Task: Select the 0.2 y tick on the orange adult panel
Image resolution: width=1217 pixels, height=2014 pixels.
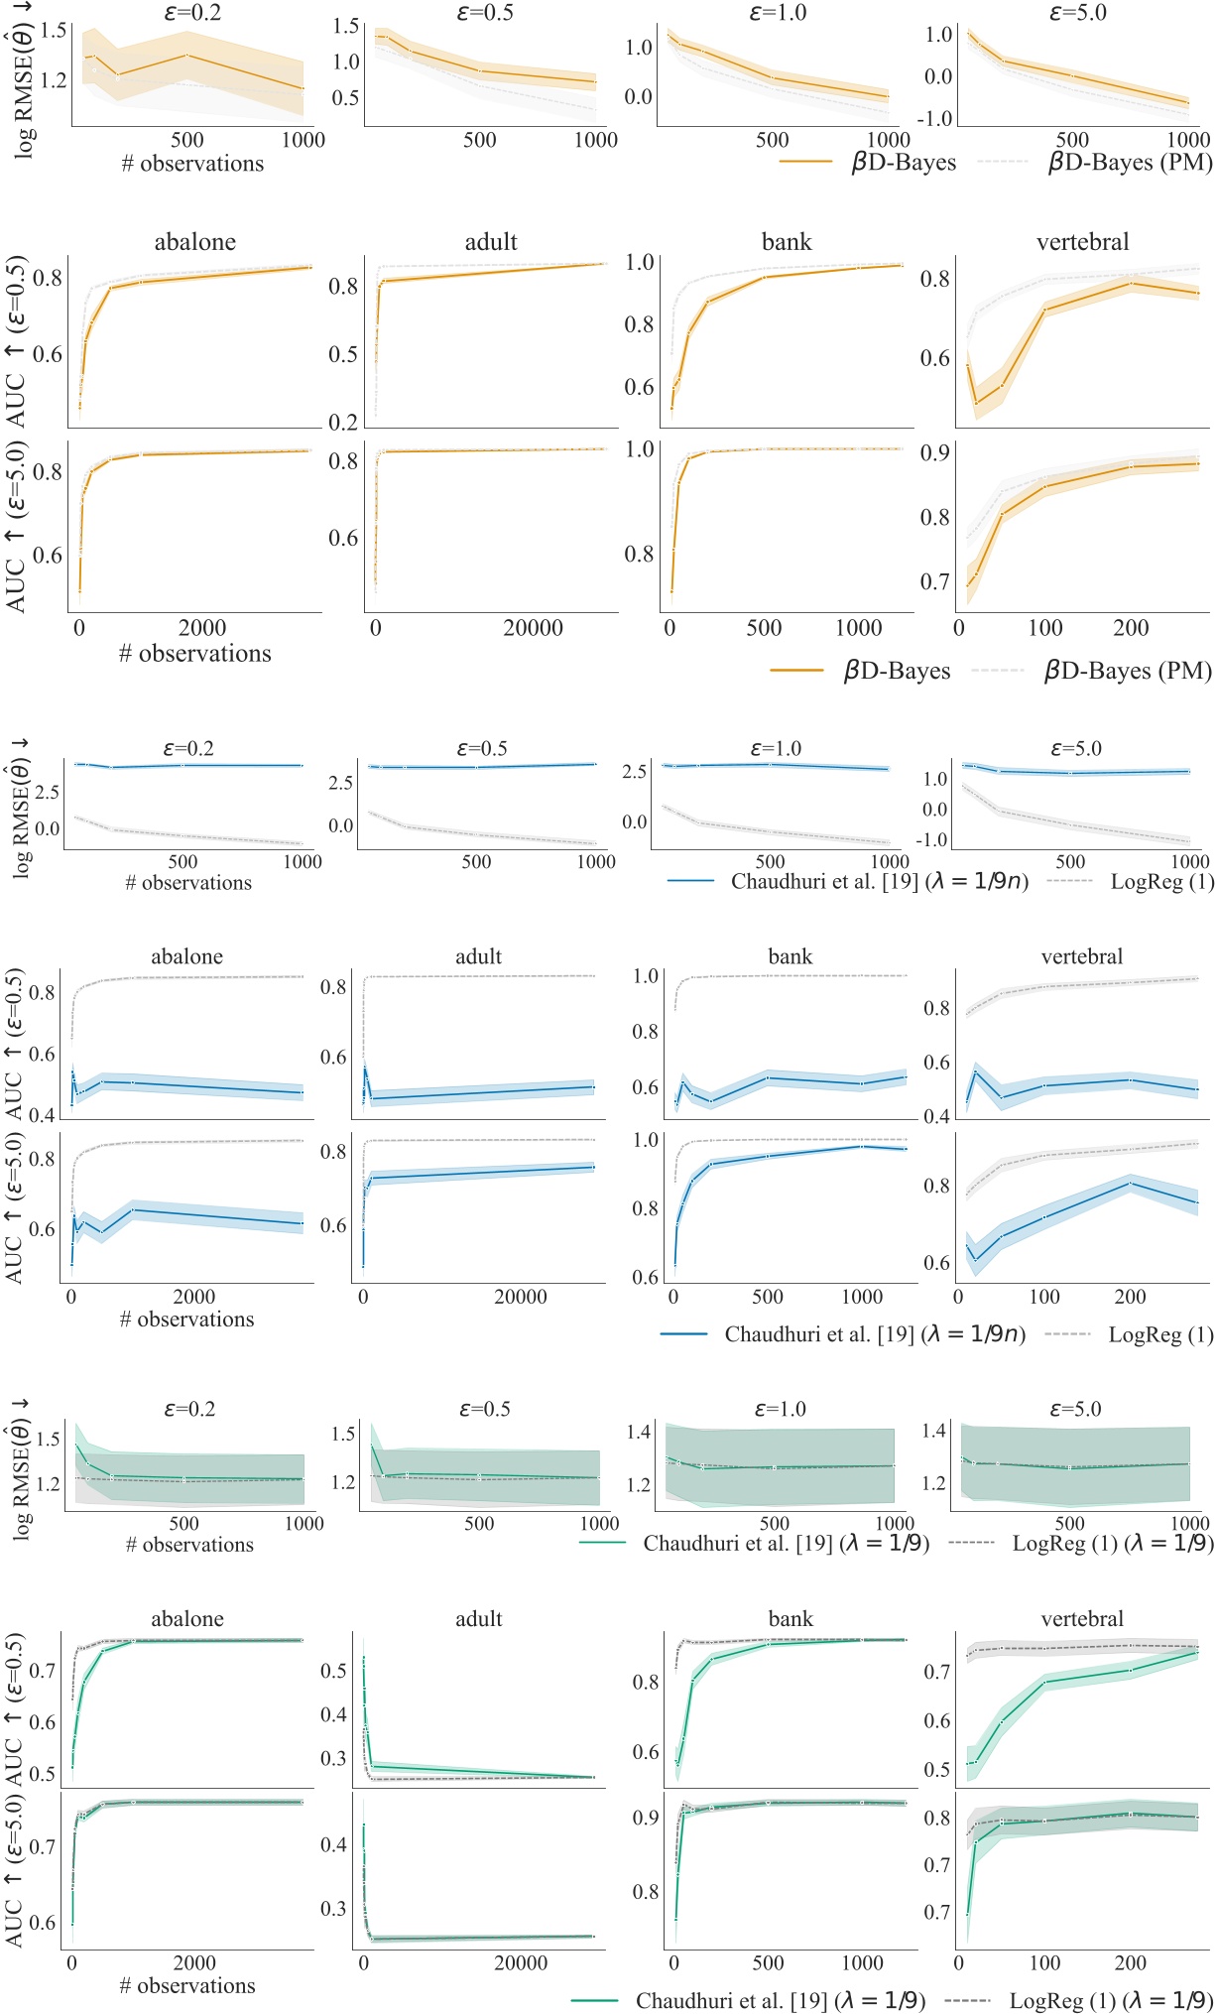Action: [x=343, y=423]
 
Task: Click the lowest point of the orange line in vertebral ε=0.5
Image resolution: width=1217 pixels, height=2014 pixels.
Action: [x=976, y=403]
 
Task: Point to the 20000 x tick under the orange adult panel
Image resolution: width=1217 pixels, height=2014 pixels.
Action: [x=533, y=628]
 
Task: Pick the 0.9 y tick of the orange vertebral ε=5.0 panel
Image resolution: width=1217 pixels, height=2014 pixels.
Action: [x=934, y=452]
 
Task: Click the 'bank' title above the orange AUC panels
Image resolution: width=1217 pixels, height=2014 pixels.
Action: [x=787, y=242]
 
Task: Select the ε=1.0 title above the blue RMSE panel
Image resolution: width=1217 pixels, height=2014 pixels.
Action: [x=776, y=749]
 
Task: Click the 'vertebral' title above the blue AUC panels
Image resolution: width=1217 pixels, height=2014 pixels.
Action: [x=1082, y=957]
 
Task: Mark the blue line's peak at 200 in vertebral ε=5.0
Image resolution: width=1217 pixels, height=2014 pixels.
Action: [x=1130, y=1183]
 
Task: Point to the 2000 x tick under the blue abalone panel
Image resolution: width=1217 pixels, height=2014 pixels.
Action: [x=193, y=1297]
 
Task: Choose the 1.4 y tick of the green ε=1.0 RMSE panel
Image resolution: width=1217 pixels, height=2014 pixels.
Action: [x=639, y=1432]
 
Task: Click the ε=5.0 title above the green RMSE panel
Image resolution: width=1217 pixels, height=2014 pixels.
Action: [x=1075, y=1410]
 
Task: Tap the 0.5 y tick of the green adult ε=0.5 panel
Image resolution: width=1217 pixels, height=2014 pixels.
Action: [x=333, y=1671]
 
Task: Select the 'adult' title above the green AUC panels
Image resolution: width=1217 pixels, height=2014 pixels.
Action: [x=478, y=1619]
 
